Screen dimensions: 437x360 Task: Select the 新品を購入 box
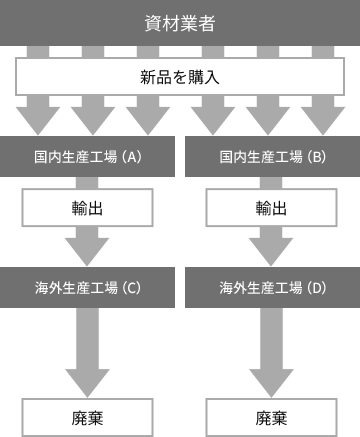tap(180, 76)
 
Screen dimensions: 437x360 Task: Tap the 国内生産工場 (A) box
tap(88, 156)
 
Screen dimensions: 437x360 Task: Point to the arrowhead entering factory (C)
tap(88, 249)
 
